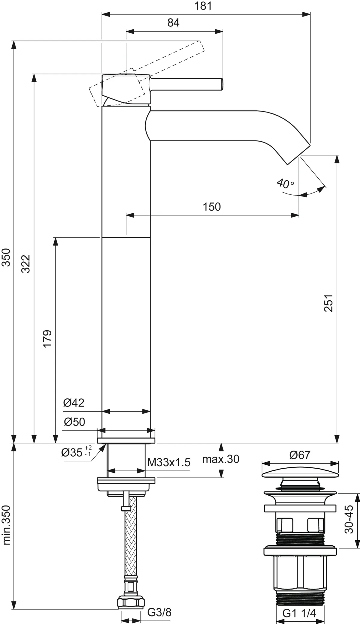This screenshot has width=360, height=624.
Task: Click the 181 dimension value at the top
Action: pyautogui.click(x=203, y=6)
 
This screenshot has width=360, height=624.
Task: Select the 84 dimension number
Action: pyautogui.click(x=173, y=23)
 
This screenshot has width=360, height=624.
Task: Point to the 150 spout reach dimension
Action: pyautogui.click(x=212, y=207)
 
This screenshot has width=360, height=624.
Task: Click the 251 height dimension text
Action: pyautogui.click(x=329, y=303)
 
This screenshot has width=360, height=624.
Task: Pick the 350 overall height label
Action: pyautogui.click(x=6, y=257)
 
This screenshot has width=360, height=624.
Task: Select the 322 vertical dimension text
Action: pyautogui.click(x=26, y=264)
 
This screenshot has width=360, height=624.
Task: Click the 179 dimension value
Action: pyautogui.click(x=47, y=339)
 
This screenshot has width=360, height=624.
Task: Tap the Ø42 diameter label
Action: pyautogui.click(x=74, y=403)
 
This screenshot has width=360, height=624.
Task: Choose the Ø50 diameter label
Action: pyautogui.click(x=74, y=422)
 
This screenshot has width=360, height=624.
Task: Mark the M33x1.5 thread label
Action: pyautogui.click(x=169, y=462)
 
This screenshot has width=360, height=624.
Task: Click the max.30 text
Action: pyautogui.click(x=221, y=459)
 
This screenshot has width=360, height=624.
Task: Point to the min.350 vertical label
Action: pyautogui.click(x=6, y=525)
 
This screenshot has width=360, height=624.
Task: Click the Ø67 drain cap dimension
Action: pyautogui.click(x=300, y=455)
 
